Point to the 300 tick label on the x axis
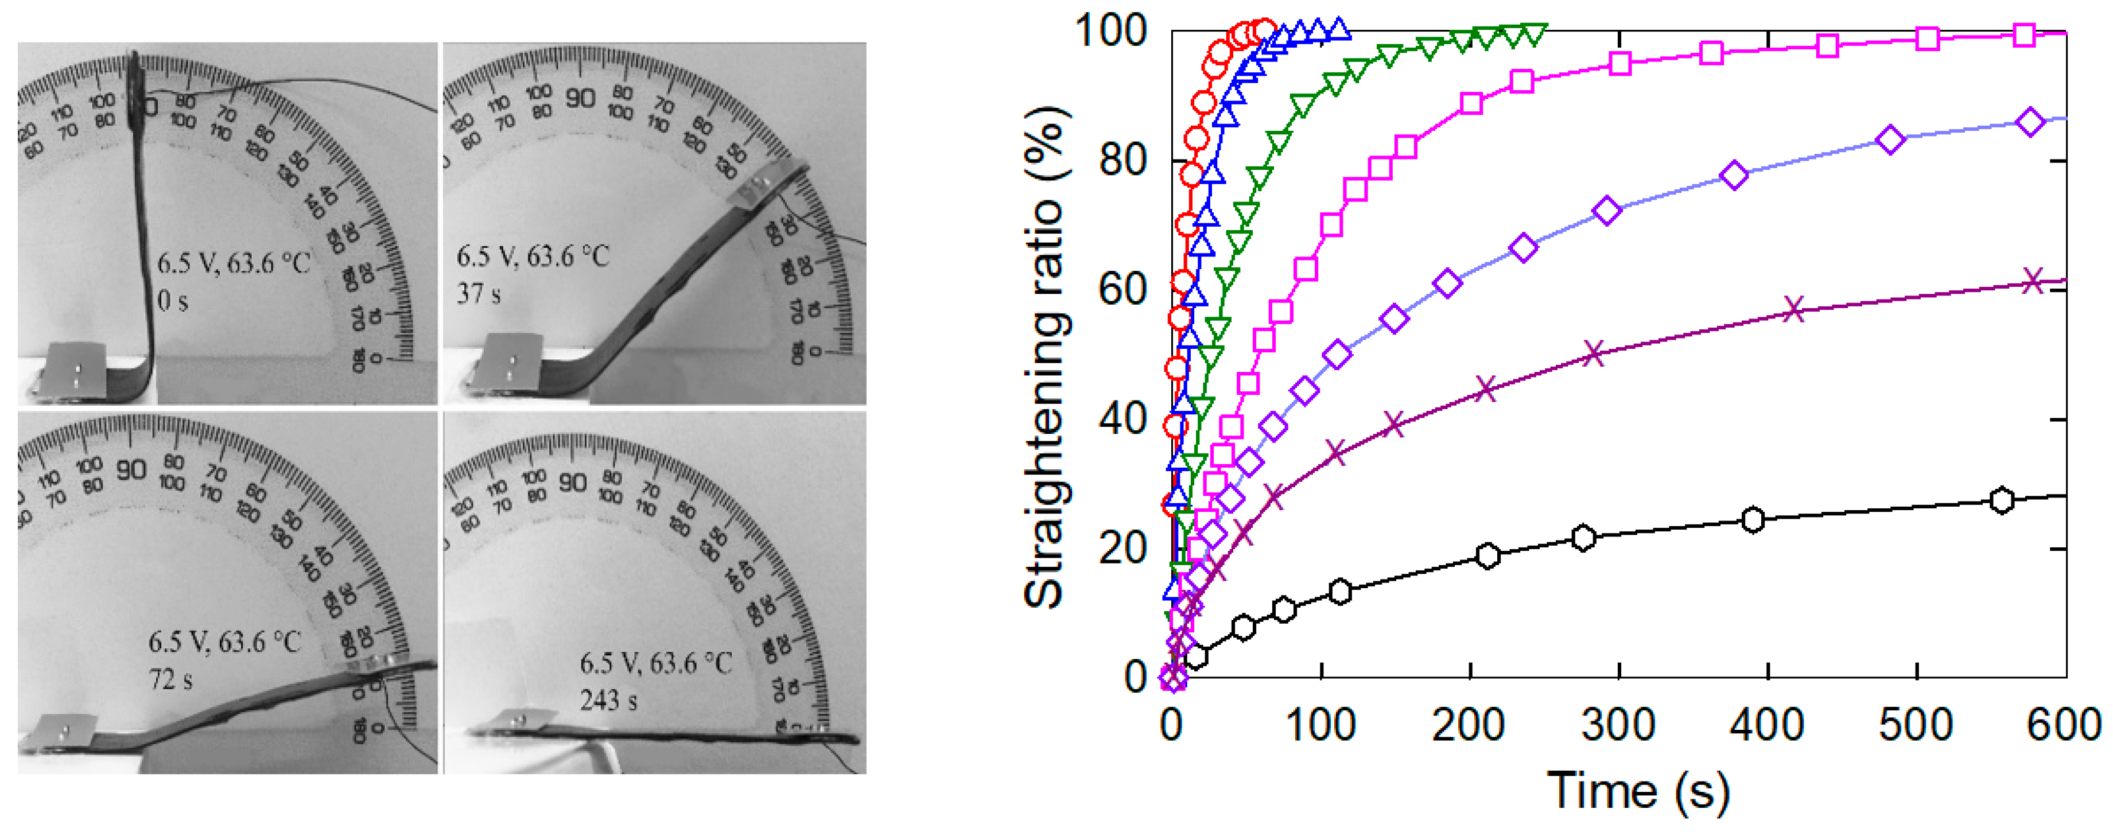point(1618,725)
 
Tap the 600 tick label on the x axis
point(2064,725)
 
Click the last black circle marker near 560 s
point(2002,500)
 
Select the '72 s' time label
point(170,679)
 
